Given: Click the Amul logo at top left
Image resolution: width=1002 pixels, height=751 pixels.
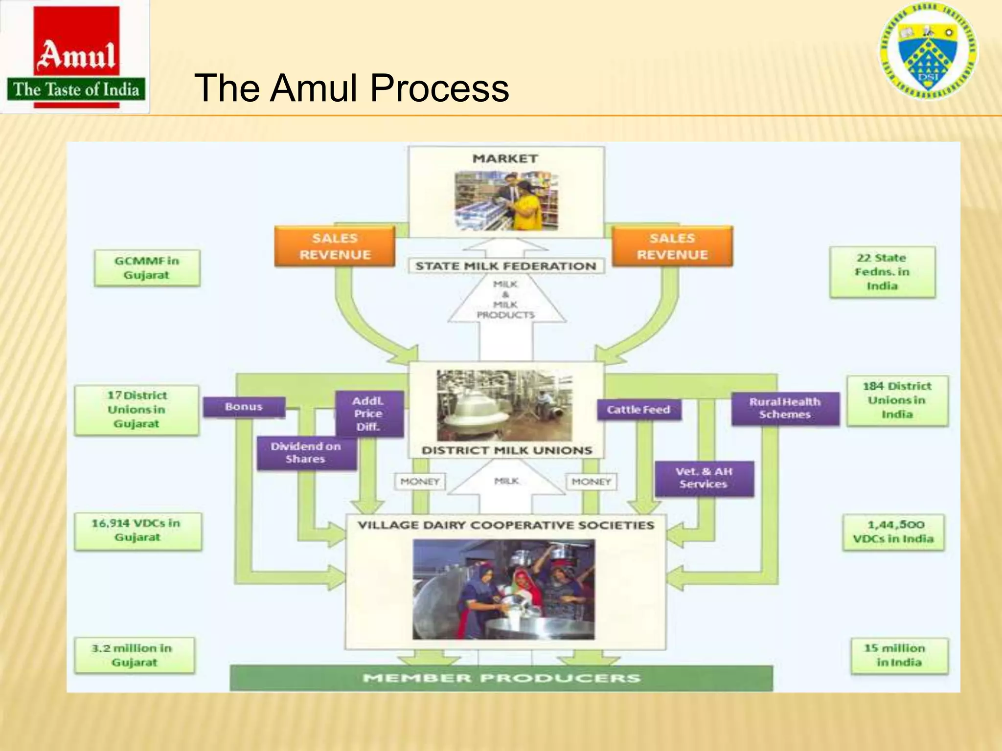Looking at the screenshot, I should click(76, 57).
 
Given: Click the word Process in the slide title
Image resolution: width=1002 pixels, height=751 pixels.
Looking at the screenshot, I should click(439, 88).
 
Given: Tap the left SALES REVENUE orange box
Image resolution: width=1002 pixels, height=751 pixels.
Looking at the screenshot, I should click(335, 246).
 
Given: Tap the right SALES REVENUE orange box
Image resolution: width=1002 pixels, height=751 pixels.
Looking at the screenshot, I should click(672, 246).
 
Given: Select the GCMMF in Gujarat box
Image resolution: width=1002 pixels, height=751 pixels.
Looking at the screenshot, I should click(147, 268).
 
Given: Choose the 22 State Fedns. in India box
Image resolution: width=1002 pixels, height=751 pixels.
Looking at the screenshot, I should click(882, 272).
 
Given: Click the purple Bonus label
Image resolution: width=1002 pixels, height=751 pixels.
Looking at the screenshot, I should click(244, 407).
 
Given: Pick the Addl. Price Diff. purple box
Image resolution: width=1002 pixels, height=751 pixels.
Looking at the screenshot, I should click(369, 414).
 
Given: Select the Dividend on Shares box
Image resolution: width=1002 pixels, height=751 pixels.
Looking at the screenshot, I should click(306, 453).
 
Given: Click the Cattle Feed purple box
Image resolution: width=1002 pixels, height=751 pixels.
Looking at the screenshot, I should click(638, 410).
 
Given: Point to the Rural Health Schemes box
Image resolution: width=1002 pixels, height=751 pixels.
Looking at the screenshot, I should click(785, 408).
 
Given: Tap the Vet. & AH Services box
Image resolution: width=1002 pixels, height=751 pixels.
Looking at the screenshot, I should click(704, 478).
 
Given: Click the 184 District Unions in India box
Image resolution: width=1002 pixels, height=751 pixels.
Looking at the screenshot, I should click(897, 400).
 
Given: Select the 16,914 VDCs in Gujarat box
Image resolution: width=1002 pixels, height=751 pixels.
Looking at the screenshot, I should click(137, 530).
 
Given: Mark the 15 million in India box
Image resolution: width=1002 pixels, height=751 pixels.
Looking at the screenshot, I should click(898, 655).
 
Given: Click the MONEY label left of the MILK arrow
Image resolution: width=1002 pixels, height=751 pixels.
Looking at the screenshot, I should click(420, 482).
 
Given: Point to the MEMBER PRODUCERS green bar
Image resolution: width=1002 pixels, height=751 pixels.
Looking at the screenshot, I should click(501, 678).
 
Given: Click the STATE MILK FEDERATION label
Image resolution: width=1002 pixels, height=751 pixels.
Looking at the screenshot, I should click(506, 266).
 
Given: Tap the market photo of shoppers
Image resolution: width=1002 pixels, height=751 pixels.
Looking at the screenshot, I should click(506, 201).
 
